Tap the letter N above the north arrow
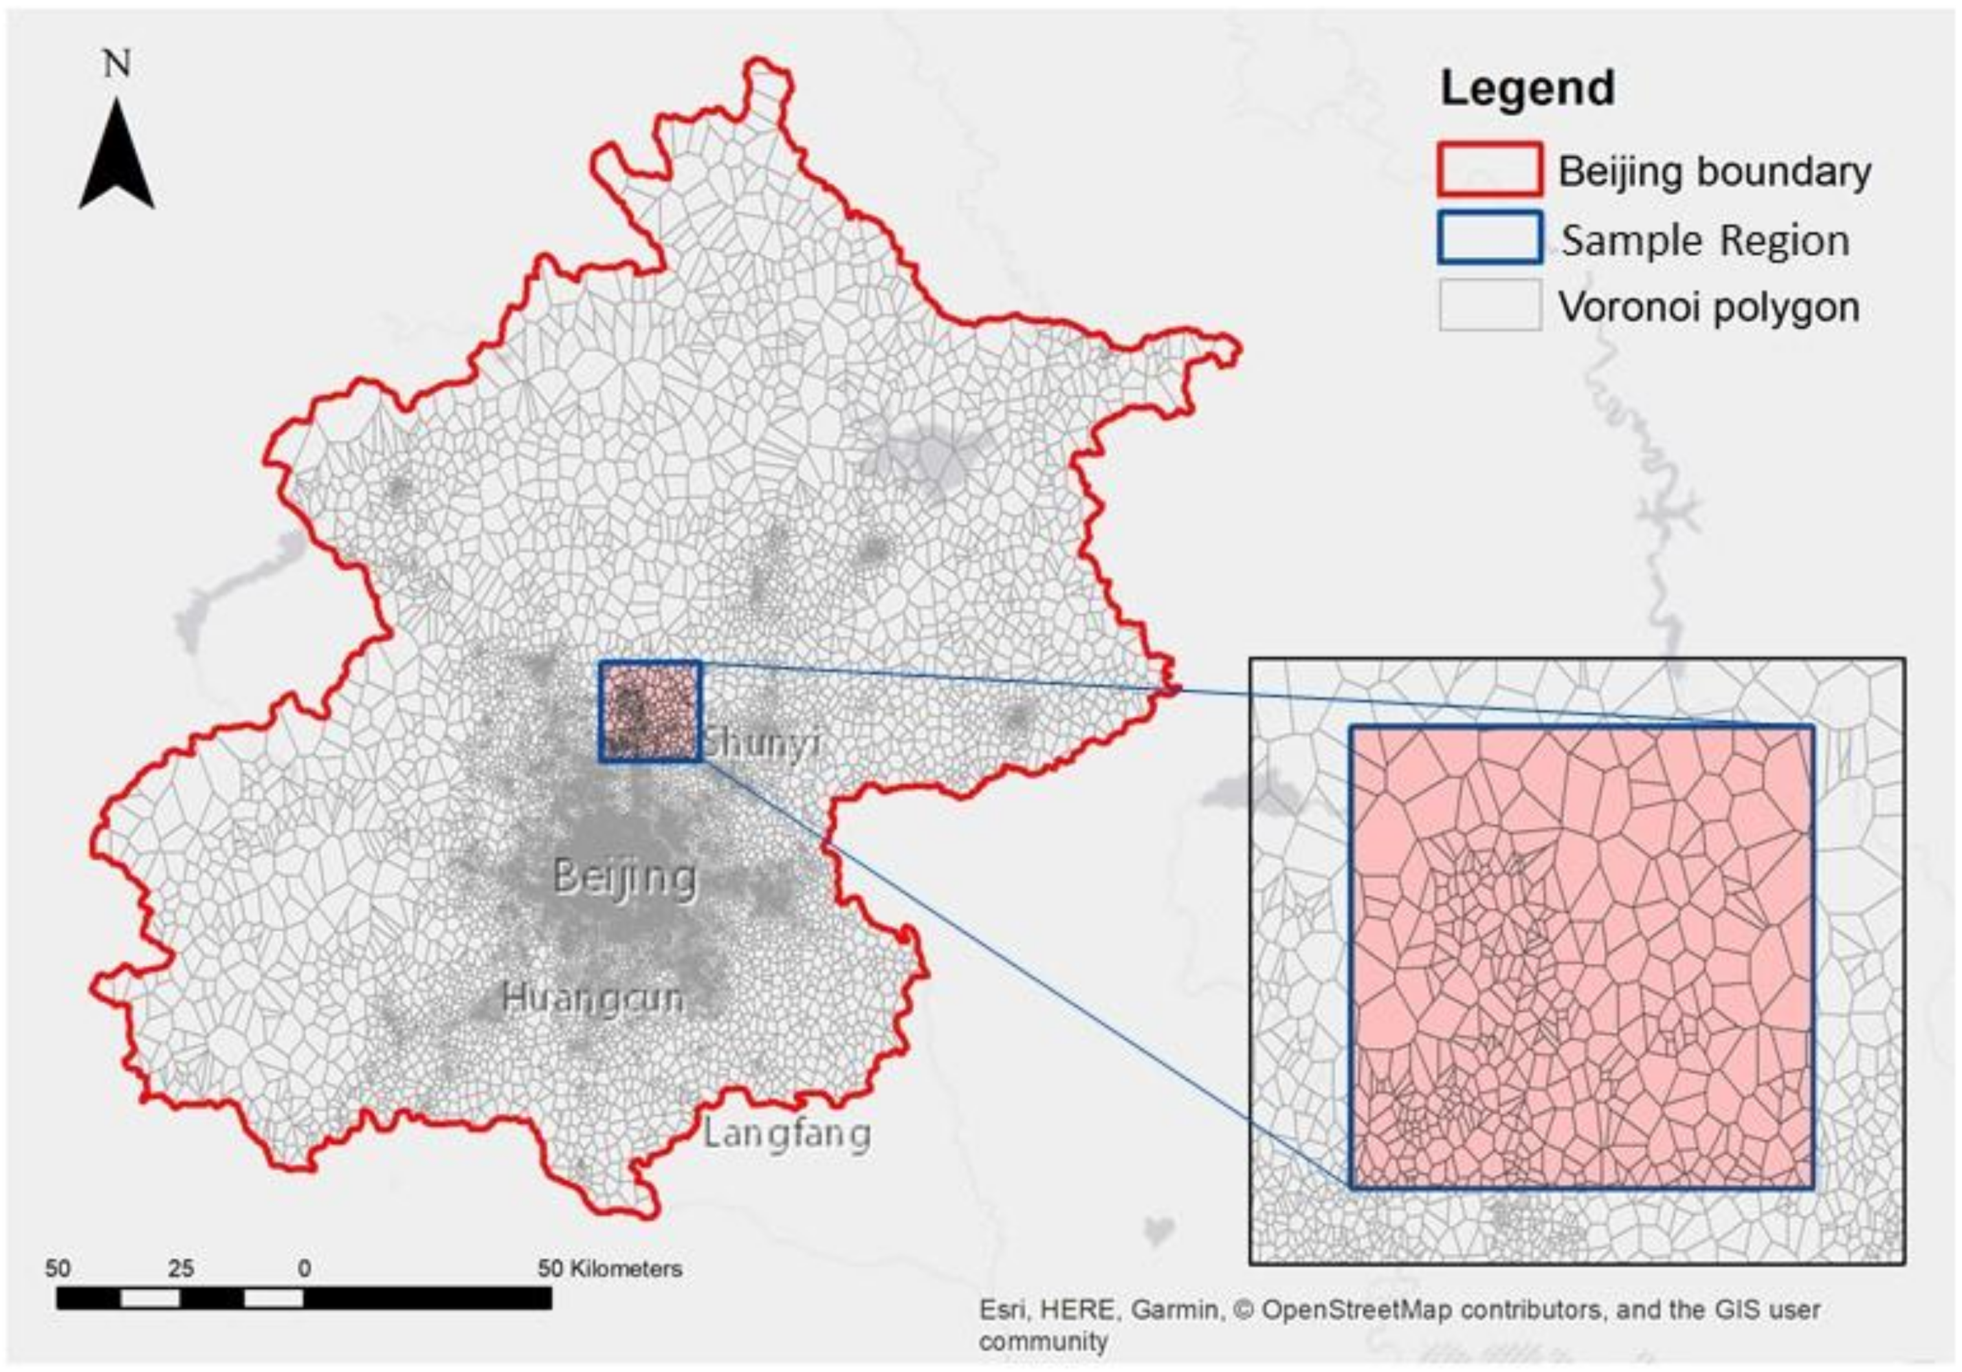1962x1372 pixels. coord(117,65)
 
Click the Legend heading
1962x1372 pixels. coord(1528,89)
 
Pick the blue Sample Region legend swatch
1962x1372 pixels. coord(1490,237)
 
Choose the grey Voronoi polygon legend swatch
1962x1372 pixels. coord(1490,305)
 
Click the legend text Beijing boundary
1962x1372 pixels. coord(1714,171)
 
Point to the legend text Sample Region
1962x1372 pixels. coord(1706,240)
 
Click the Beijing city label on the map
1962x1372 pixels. coord(624,877)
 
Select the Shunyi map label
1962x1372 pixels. coord(762,743)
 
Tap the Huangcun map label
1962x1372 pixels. coord(593,998)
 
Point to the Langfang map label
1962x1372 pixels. coord(787,1134)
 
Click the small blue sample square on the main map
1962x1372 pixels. coord(650,711)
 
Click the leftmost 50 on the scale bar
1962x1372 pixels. coord(58,1269)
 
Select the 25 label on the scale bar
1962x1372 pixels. coord(181,1269)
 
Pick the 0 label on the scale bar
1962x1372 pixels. coord(304,1269)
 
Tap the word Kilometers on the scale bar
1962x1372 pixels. coord(626,1269)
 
